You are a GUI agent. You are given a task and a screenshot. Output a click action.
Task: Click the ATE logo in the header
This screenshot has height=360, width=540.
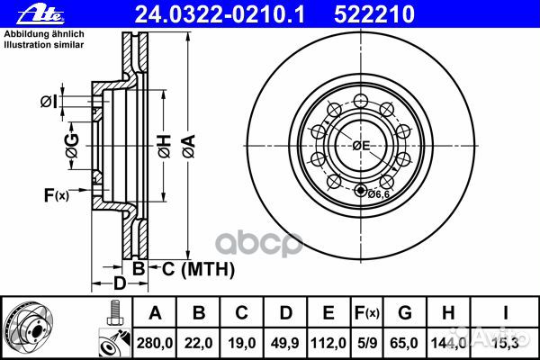click(41, 14)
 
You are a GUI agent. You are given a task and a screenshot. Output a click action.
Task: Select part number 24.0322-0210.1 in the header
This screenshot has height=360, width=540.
click(220, 14)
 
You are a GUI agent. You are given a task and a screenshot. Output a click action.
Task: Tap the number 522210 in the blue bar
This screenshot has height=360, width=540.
click(374, 14)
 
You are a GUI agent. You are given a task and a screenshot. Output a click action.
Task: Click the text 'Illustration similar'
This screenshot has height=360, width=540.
click(44, 45)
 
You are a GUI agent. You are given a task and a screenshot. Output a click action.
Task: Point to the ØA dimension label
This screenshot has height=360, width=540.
click(189, 146)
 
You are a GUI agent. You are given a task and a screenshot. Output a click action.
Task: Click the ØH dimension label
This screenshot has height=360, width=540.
click(165, 146)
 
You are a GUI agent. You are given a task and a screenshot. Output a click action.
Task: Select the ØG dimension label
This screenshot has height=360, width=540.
click(72, 146)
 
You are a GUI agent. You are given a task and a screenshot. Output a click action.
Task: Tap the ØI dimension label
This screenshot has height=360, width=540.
click(49, 102)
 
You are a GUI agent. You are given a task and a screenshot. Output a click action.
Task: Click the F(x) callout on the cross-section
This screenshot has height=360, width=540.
click(57, 195)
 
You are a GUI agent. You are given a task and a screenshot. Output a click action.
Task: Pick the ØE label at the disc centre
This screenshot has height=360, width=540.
click(361, 146)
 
